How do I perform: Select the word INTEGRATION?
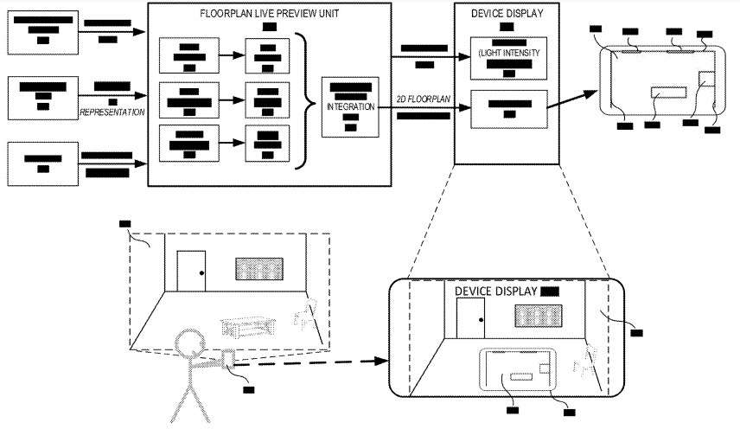click(x=350, y=106)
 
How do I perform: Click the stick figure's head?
click(x=189, y=344)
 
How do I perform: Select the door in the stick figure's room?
click(x=189, y=272)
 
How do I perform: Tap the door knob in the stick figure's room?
click(x=201, y=272)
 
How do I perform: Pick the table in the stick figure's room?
click(x=247, y=327)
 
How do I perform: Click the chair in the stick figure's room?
click(x=305, y=314)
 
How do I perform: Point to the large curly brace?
click(x=304, y=99)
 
